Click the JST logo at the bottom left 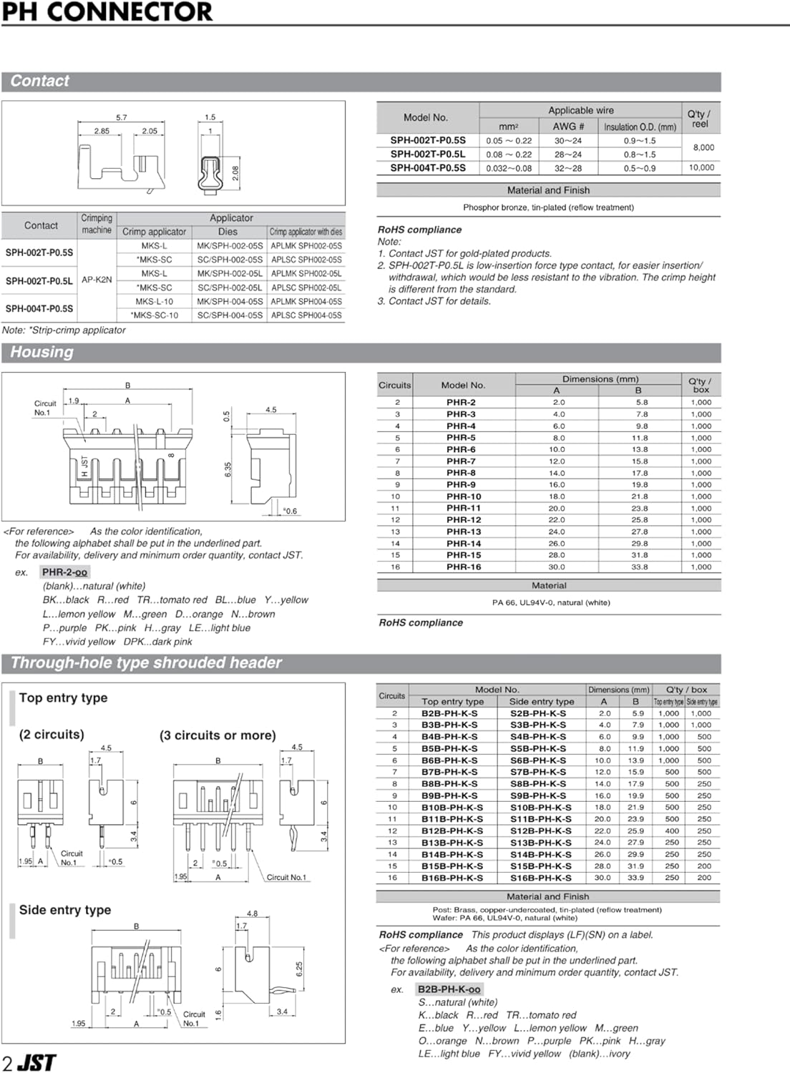point(36,1062)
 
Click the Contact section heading point(40,82)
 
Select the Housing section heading point(42,352)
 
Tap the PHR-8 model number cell point(461,473)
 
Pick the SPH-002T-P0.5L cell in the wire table point(427,155)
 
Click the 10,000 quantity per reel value point(701,168)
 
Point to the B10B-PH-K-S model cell point(452,808)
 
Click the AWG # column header point(568,127)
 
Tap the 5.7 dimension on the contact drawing point(122,117)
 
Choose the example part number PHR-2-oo point(64,572)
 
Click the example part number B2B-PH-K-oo point(449,989)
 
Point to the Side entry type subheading point(65,910)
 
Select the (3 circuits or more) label point(218,735)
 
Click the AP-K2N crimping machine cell point(97,280)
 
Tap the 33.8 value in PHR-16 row point(639,567)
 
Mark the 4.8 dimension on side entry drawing point(252,913)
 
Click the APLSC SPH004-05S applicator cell point(306,315)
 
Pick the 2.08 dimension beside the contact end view point(235,172)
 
